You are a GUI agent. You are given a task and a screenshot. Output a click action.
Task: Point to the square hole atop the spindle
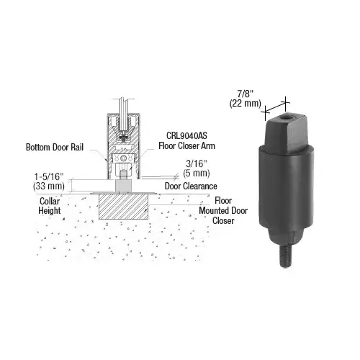coord(287,118)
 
